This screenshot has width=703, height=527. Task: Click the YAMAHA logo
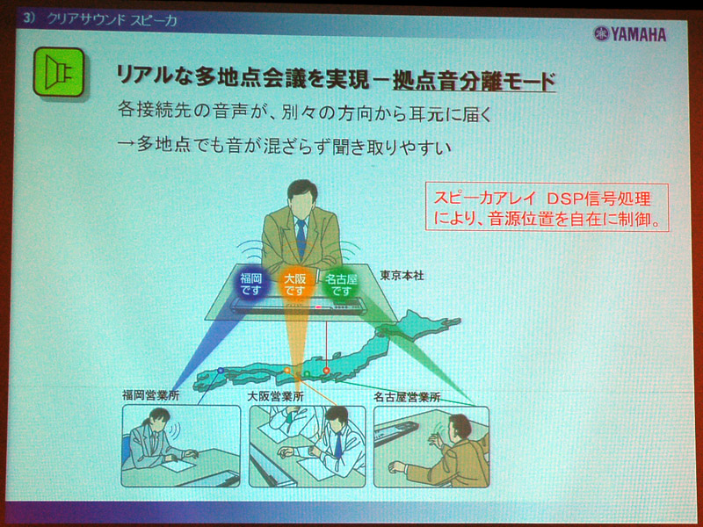pyautogui.click(x=630, y=34)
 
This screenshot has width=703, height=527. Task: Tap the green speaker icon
pyautogui.click(x=59, y=72)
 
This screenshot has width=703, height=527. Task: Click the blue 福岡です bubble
pyautogui.click(x=251, y=284)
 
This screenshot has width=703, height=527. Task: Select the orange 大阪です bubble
pyautogui.click(x=294, y=285)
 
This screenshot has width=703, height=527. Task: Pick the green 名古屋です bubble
pyautogui.click(x=341, y=285)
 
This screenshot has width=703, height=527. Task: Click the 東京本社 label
pyautogui.click(x=402, y=276)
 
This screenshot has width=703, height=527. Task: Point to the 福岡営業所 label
pyautogui.click(x=150, y=395)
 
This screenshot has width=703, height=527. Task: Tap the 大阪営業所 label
pyautogui.click(x=275, y=396)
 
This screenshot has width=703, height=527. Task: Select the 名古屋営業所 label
pyautogui.click(x=407, y=397)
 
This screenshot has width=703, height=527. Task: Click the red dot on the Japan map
pyautogui.click(x=326, y=371)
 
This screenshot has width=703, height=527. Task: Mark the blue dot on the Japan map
pyautogui.click(x=221, y=371)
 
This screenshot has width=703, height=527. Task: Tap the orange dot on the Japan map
pyautogui.click(x=287, y=370)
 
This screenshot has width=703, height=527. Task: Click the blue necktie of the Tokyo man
pyautogui.click(x=301, y=237)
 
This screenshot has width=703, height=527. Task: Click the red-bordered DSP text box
pyautogui.click(x=547, y=206)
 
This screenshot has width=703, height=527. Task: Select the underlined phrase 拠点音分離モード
pyautogui.click(x=474, y=82)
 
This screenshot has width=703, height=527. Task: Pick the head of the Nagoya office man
pyautogui.click(x=460, y=427)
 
